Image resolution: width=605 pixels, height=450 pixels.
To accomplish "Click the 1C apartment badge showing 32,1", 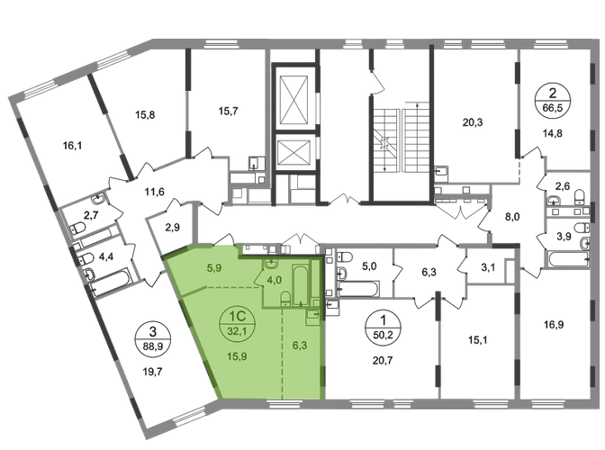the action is click(x=238, y=324).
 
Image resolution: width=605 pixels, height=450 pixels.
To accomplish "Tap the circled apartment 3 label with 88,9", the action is click(x=153, y=339).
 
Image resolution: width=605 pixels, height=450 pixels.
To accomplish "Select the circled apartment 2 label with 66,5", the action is click(x=553, y=100).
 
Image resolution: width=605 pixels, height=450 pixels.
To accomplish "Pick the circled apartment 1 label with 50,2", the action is click(x=383, y=328).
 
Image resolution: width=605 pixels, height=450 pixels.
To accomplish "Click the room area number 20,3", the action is click(x=473, y=122).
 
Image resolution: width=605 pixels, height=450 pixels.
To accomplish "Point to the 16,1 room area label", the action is click(x=72, y=146).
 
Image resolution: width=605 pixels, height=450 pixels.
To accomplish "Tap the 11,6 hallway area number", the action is click(x=154, y=192).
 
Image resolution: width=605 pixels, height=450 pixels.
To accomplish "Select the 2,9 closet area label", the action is click(x=173, y=228).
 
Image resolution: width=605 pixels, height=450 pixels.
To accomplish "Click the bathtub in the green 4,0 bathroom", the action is click(x=301, y=284).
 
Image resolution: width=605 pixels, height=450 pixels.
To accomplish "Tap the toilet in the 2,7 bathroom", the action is click(x=77, y=228).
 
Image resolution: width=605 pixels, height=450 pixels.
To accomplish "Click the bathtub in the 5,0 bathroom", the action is click(x=357, y=289).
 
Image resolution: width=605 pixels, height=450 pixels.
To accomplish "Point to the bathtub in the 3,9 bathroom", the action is click(x=567, y=258).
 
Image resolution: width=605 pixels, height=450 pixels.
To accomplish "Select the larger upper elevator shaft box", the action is click(x=294, y=99).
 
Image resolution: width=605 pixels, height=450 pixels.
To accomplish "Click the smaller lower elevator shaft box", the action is click(x=294, y=151).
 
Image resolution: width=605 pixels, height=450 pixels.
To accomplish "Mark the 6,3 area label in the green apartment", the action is click(x=300, y=346).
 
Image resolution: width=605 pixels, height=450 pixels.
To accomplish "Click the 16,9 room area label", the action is click(x=554, y=325).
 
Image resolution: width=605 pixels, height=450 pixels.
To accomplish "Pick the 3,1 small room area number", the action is click(x=488, y=267).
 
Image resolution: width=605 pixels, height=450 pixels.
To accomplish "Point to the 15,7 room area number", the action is click(x=228, y=111).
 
